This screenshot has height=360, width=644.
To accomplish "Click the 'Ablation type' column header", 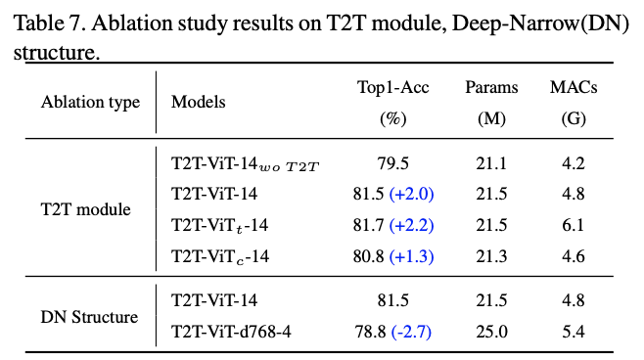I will (x=90, y=102).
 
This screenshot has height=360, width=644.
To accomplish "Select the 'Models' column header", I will (x=198, y=102).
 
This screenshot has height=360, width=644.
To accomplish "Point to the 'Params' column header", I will (x=491, y=88).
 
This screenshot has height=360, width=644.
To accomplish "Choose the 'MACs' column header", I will (x=573, y=88).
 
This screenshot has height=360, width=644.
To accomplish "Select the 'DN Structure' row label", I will (x=89, y=317).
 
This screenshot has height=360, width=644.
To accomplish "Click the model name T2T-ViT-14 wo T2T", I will (x=245, y=163).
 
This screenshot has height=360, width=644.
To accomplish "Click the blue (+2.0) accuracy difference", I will (x=412, y=195).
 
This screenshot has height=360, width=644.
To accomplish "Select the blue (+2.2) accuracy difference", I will (x=412, y=226).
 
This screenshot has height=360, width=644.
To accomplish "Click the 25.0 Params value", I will (x=491, y=332).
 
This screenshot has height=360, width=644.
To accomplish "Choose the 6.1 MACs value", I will (x=573, y=226).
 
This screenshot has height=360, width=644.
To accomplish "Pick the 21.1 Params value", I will (x=491, y=163).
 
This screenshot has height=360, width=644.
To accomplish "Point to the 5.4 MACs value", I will (x=573, y=332).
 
